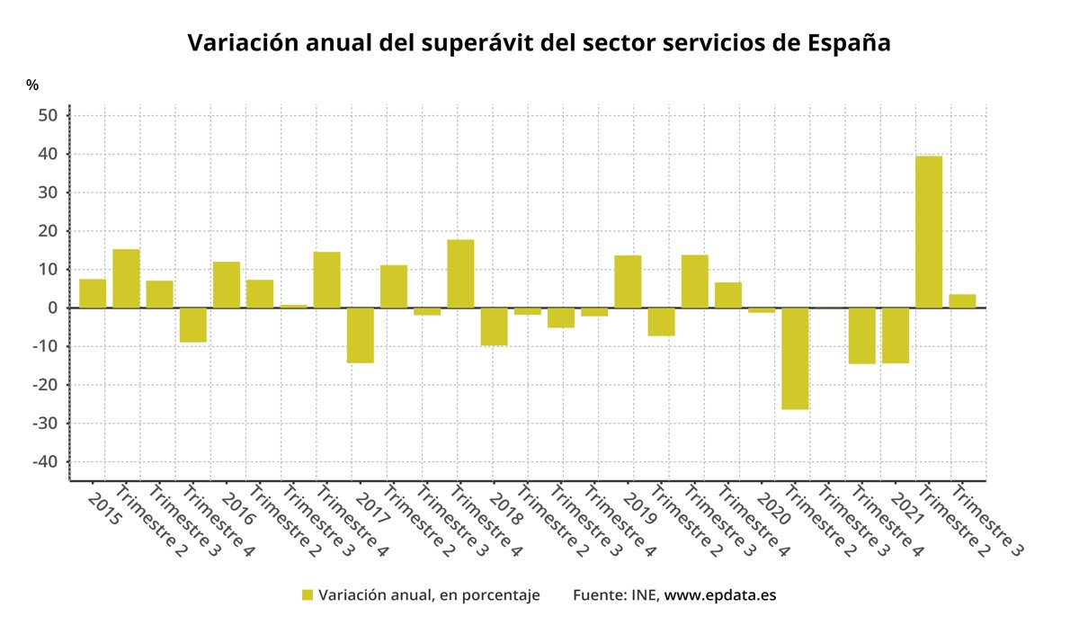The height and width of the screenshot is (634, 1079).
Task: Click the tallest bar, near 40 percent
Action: tap(929, 232)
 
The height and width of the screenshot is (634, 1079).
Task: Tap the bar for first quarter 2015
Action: tap(93, 293)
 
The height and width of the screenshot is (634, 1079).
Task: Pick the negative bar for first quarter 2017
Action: tap(361, 335)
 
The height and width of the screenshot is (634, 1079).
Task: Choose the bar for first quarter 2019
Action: tap(628, 281)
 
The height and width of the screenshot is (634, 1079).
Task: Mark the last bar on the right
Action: tap(962, 301)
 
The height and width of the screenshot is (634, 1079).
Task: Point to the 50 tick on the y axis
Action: tap(48, 116)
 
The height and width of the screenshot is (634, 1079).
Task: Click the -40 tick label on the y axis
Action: tap(44, 462)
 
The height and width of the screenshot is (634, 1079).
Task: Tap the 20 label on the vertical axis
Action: tap(48, 231)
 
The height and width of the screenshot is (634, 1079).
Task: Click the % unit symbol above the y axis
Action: tap(32, 85)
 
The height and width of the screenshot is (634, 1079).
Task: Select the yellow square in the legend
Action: tap(308, 595)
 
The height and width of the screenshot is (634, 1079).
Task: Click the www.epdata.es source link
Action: tap(719, 595)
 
